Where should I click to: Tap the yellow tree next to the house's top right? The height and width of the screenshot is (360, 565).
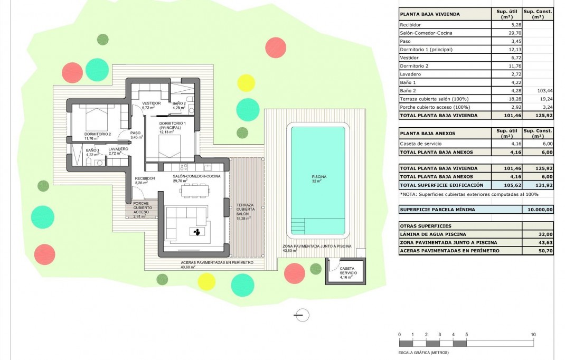246,83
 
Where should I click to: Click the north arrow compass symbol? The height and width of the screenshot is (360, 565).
302,315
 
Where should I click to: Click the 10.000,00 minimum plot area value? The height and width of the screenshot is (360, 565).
537,210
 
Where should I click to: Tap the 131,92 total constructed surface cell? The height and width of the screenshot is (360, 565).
537,185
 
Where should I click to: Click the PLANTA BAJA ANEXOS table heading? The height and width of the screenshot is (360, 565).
427,134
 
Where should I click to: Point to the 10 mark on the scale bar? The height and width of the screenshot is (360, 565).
533,335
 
